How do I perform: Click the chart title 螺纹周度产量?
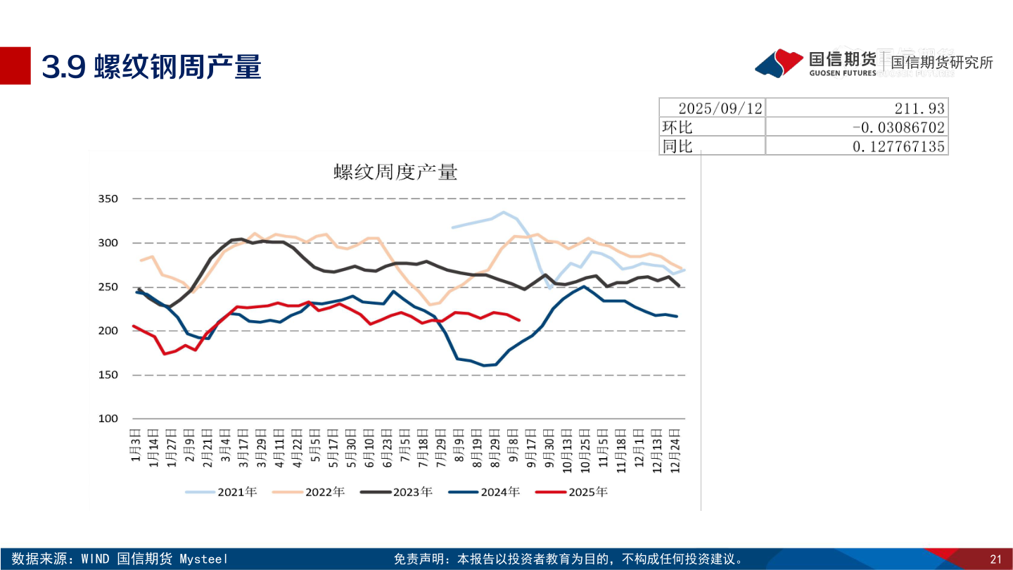(395, 172)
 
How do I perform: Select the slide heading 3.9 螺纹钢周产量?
(152, 67)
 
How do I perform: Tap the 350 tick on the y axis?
(108, 199)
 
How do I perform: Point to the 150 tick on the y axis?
(108, 375)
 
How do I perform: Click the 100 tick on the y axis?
(108, 419)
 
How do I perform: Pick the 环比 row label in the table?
(677, 127)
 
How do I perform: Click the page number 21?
(995, 559)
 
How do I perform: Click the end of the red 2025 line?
(519, 320)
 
